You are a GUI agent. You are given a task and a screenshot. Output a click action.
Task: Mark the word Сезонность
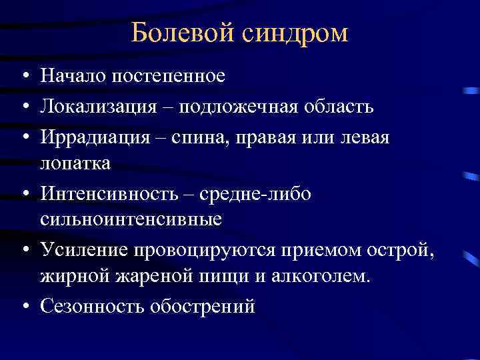click(x=93, y=305)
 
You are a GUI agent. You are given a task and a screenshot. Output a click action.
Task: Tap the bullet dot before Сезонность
click(x=23, y=306)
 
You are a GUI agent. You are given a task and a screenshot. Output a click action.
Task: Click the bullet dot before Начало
click(x=23, y=75)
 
